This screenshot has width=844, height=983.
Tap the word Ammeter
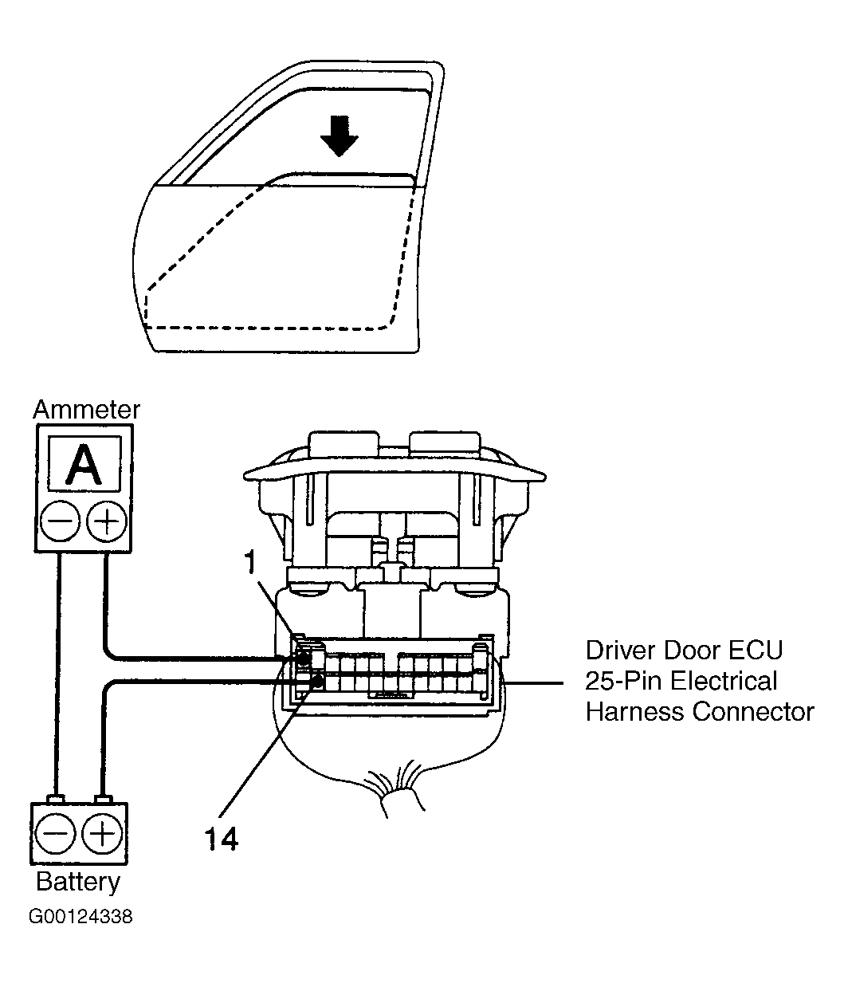coord(86,410)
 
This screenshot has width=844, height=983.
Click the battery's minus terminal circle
coord(56,835)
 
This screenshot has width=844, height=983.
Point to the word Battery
coord(78,882)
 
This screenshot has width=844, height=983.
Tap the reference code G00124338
coord(81,917)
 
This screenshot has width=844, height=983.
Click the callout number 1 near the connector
coord(249,563)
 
